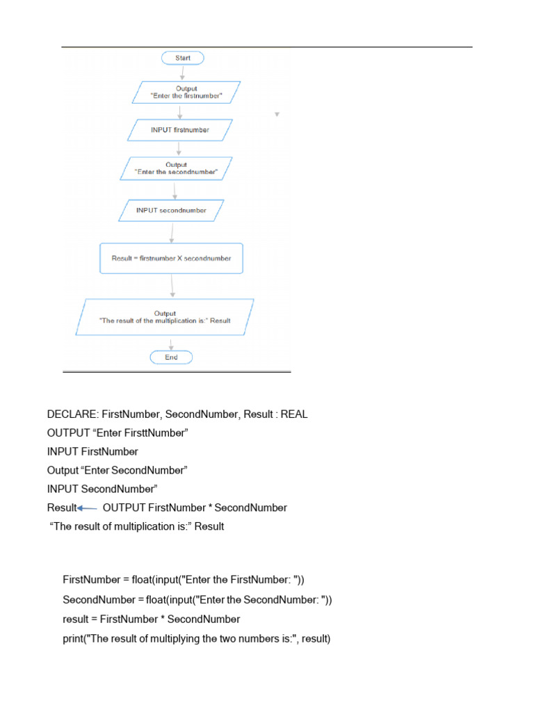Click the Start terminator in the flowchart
[x=182, y=58]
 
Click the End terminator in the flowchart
[x=171, y=357]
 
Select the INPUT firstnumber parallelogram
[x=179, y=130]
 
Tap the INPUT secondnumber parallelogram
[x=172, y=210]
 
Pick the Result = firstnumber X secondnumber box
[x=171, y=258]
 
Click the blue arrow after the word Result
[x=88, y=508]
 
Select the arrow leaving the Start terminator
[x=181, y=73]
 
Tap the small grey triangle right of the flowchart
[x=277, y=114]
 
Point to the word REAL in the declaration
[x=293, y=414]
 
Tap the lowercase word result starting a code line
[x=76, y=619]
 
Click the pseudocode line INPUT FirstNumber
[x=92, y=452]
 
